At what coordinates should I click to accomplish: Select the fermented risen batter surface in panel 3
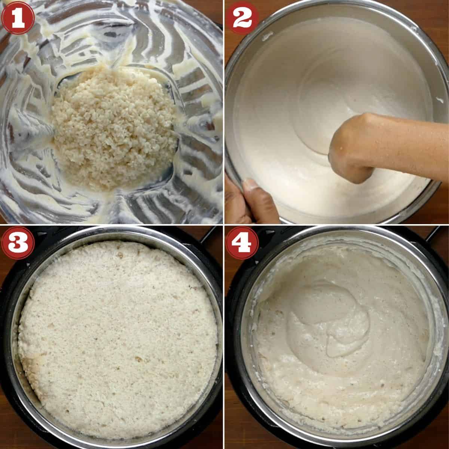116,337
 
